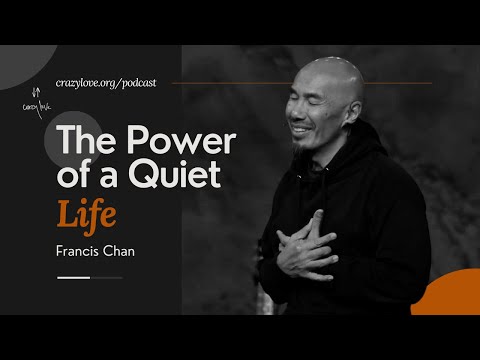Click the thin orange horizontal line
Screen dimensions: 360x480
click(300, 82)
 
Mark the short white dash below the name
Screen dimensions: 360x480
click(74, 277)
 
